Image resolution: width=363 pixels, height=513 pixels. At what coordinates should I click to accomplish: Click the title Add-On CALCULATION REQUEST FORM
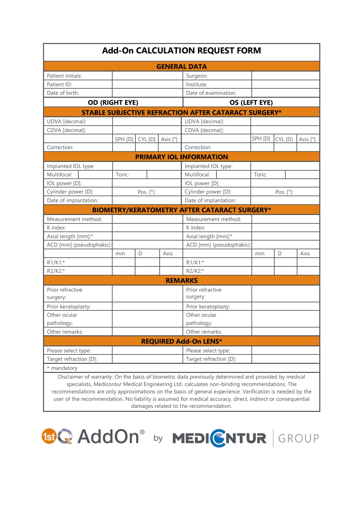182,51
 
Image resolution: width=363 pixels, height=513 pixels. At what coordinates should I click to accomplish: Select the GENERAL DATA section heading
182,67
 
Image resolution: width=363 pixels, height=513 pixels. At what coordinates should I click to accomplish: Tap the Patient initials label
65,76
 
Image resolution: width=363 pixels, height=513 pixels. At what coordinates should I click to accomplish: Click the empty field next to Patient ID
147,84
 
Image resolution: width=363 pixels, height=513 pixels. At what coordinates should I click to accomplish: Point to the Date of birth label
63,93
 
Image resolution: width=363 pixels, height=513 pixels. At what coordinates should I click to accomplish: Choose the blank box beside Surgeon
285,76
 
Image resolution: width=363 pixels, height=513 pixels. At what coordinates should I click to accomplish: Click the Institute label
197,85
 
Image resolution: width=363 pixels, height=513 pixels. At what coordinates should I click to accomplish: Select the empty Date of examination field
285,93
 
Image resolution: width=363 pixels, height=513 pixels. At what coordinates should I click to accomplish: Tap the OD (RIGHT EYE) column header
113,102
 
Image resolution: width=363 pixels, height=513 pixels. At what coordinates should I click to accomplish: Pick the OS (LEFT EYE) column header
251,102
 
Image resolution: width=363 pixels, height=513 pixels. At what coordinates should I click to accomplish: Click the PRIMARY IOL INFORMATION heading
182,157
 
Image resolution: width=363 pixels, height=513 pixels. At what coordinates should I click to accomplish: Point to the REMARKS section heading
182,281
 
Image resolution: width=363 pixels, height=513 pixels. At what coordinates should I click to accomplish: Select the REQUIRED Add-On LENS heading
182,341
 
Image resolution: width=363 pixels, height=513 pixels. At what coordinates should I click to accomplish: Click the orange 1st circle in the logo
49,436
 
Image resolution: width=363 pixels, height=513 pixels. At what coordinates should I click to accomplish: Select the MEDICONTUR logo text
219,438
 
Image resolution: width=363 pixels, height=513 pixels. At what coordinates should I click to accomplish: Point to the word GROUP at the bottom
298,438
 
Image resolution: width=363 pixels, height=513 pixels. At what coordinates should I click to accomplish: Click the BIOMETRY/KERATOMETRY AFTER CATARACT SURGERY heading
182,210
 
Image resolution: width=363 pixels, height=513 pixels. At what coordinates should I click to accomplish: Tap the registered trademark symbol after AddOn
142,432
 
